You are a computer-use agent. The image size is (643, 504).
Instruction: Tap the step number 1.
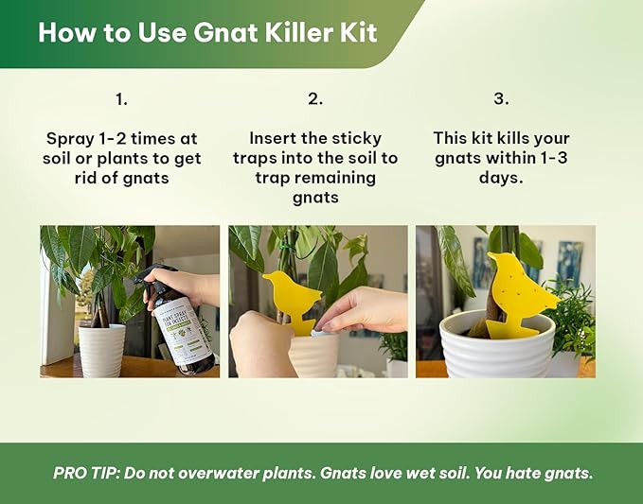coord(121,98)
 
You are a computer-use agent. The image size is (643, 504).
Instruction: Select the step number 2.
coord(315,98)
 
